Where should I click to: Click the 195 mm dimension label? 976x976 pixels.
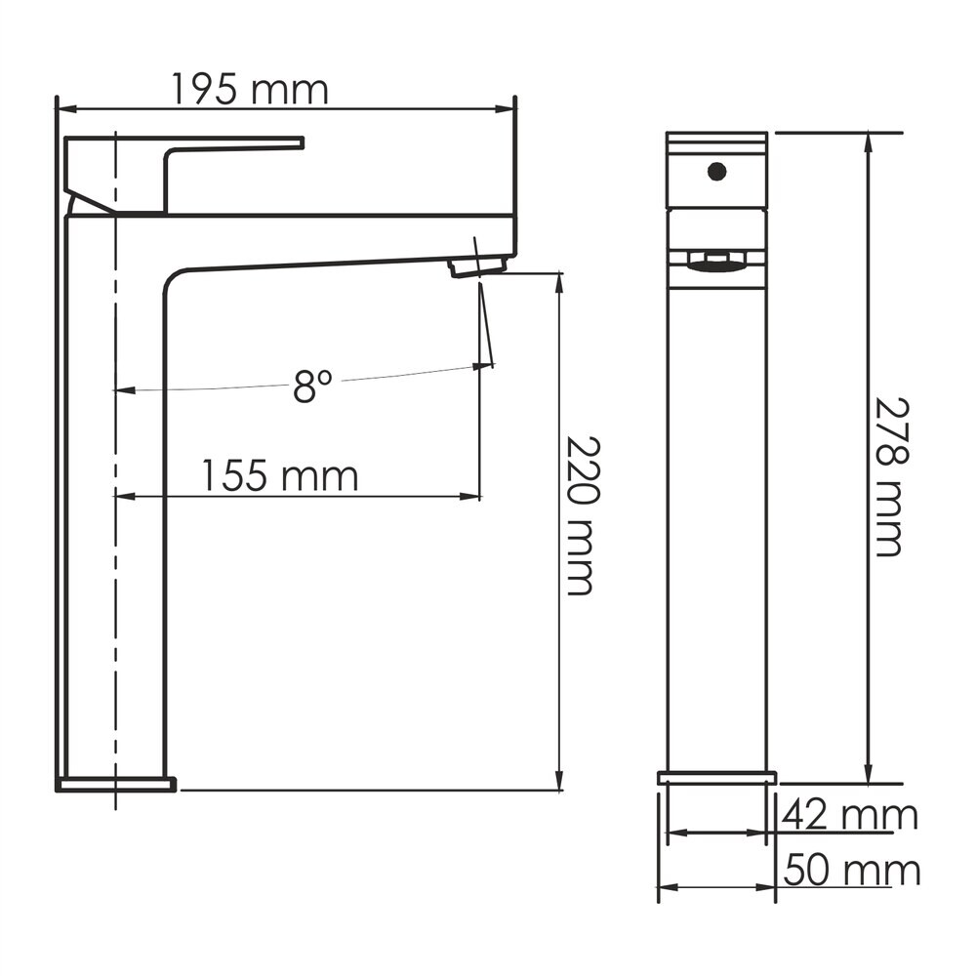[x=249, y=90]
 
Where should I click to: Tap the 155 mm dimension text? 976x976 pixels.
[x=280, y=476]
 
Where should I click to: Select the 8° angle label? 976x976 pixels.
[x=312, y=386]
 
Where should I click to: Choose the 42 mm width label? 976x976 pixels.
[x=850, y=815]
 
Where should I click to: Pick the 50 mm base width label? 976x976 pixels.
[x=851, y=870]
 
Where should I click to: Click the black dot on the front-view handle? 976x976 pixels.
[x=717, y=171]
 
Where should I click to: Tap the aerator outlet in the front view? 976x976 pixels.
[x=716, y=262]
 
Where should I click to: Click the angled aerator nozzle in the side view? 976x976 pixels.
[x=478, y=267]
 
